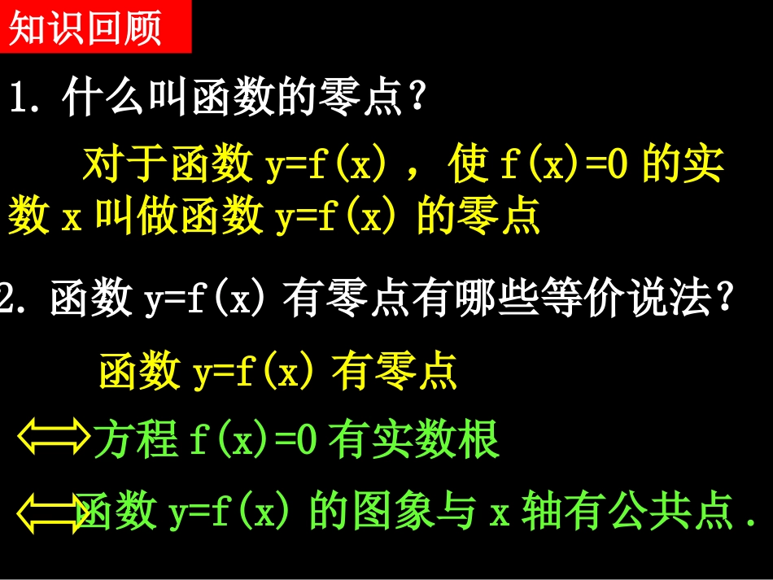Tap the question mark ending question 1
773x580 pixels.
417,100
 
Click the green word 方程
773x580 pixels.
136,440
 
